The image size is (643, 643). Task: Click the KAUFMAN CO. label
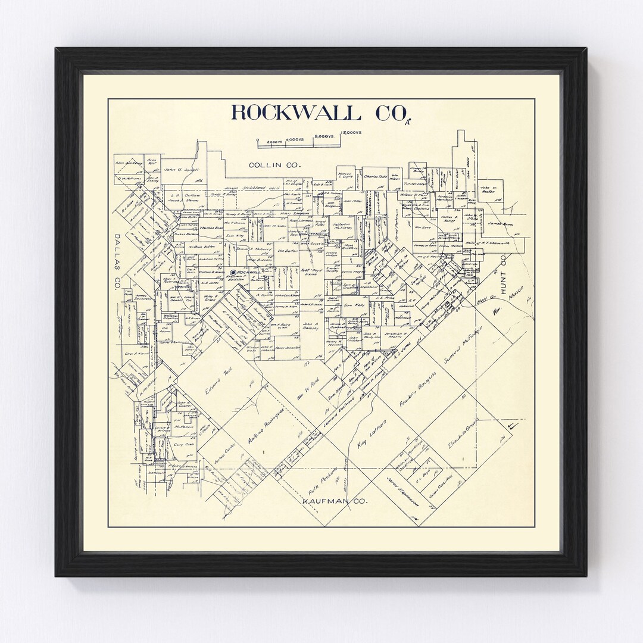pos(334,501)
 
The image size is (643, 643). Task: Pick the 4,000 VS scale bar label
pos(295,140)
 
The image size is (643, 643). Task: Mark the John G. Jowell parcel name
pos(181,169)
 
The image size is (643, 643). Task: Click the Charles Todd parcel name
pos(375,177)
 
